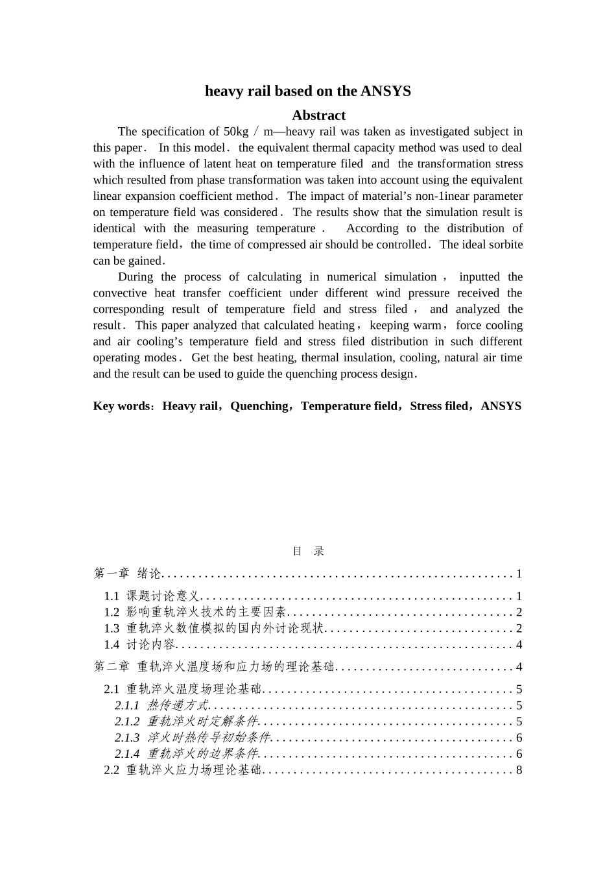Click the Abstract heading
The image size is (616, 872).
click(318, 115)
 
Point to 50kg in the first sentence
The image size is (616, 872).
click(236, 132)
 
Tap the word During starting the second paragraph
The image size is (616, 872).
click(136, 277)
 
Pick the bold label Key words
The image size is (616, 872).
click(121, 406)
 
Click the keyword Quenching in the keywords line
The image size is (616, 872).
click(259, 406)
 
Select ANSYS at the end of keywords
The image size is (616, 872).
click(501, 406)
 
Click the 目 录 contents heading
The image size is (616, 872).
click(308, 551)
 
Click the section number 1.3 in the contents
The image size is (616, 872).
click(112, 629)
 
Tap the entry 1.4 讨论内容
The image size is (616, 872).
click(140, 645)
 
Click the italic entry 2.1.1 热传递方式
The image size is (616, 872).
click(161, 706)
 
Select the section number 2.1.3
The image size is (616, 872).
click(127, 738)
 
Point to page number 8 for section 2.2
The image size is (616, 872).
click(519, 770)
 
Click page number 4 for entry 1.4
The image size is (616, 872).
click(519, 645)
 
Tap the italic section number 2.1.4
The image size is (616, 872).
click(127, 754)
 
